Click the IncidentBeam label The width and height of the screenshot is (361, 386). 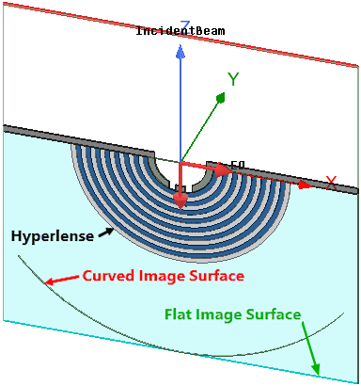tap(180, 31)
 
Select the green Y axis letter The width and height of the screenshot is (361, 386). tap(234, 80)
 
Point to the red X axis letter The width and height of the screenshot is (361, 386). tap(331, 182)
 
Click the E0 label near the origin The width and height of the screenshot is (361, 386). tap(238, 165)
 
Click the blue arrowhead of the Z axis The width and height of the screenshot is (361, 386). tap(180, 53)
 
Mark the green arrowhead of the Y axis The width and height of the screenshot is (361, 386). tap(220, 96)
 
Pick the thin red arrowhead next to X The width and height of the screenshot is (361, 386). tap(303, 185)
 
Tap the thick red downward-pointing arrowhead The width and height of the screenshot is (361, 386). tap(180, 200)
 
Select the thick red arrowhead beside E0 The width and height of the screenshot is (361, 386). tap(221, 170)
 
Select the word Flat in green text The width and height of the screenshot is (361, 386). tap(180, 314)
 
